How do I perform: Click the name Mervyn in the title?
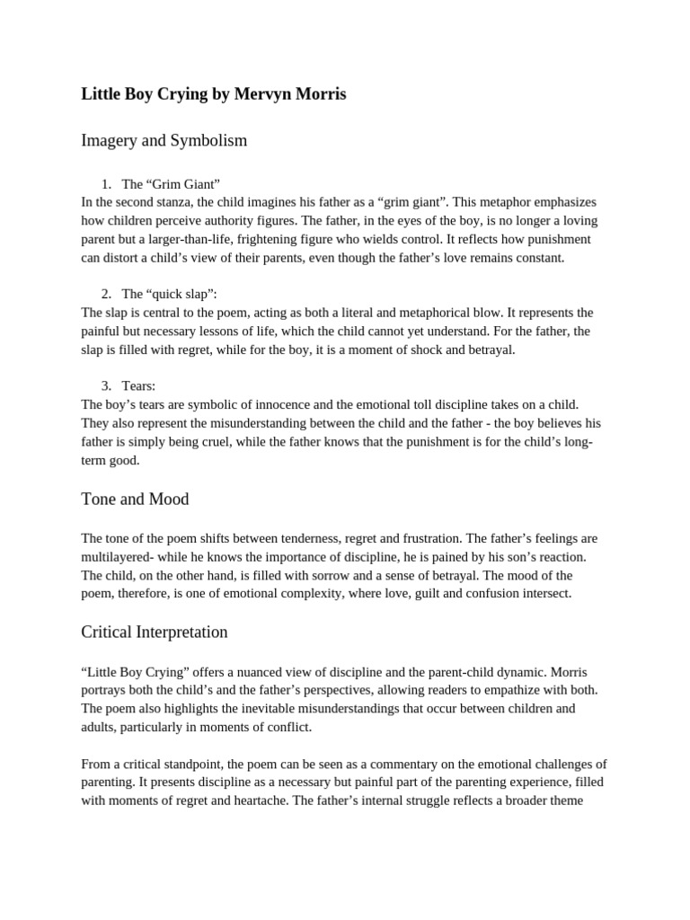point(261,94)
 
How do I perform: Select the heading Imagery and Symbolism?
point(164,141)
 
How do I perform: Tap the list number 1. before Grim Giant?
point(106,184)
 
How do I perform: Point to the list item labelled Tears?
point(138,385)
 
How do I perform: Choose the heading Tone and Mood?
point(135,499)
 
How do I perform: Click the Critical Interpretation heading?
point(154,632)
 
